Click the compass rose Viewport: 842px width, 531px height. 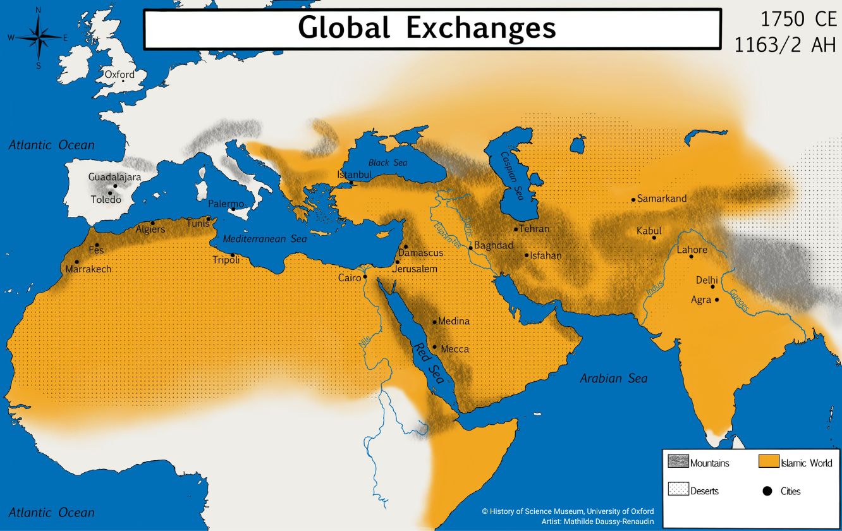[39, 38]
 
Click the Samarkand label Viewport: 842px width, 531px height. [662, 198]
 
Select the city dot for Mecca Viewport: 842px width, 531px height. [435, 346]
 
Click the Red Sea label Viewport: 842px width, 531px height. [429, 363]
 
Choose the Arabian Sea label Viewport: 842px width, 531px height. [614, 378]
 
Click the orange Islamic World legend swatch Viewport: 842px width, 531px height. [768, 462]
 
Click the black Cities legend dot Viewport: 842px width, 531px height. [767, 491]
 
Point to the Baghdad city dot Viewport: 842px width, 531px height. [470, 248]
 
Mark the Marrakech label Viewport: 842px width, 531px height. [88, 269]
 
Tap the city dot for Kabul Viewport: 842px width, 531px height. [654, 238]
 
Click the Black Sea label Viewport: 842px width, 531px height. [387, 162]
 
